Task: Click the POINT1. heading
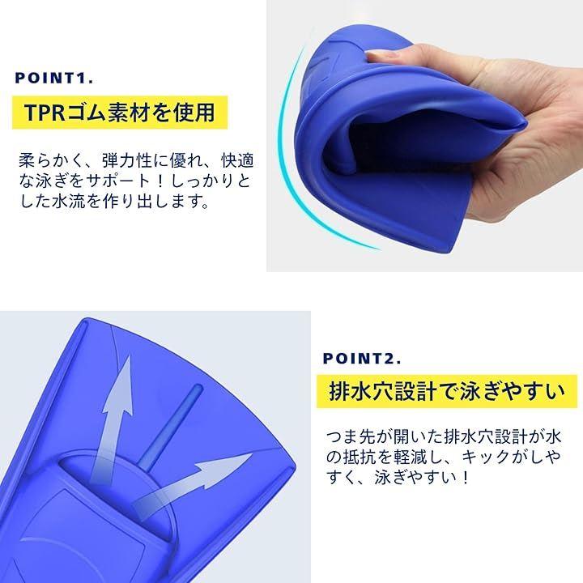(x=54, y=78)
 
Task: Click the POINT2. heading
(x=362, y=359)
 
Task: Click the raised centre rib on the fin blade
(x=170, y=427)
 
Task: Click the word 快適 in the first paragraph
(x=237, y=160)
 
